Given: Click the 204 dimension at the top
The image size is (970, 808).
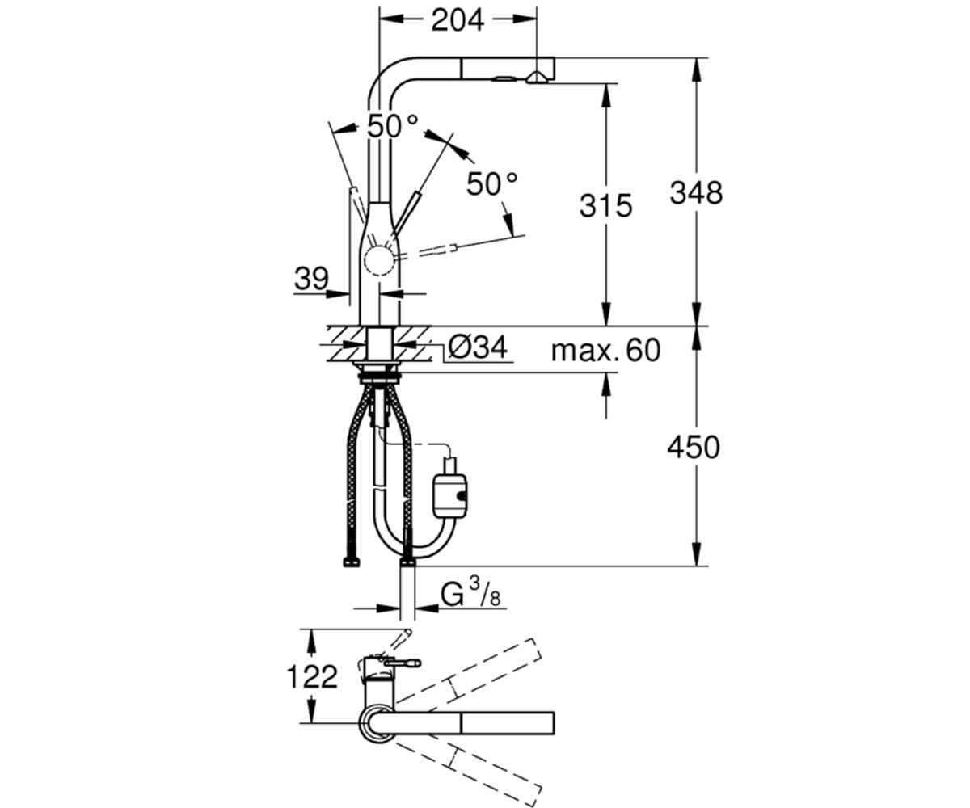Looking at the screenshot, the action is (x=458, y=20).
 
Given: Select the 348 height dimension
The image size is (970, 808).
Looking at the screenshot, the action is (x=695, y=193).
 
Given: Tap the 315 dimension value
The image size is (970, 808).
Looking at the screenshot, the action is (x=605, y=206).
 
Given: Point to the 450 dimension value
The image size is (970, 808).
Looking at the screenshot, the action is (x=693, y=448).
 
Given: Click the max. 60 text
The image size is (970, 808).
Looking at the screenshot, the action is (x=605, y=350).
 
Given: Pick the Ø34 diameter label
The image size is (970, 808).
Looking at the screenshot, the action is (x=479, y=347).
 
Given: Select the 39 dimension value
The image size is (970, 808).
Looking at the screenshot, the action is (x=311, y=279).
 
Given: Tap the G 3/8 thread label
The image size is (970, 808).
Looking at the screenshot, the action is (x=470, y=595).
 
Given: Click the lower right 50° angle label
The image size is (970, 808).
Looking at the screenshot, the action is (x=491, y=184).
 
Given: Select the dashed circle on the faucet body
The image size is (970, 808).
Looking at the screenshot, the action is (x=380, y=262).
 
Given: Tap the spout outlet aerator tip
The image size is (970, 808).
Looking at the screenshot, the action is (x=537, y=79).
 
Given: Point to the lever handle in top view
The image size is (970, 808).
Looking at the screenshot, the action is (x=403, y=663).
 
